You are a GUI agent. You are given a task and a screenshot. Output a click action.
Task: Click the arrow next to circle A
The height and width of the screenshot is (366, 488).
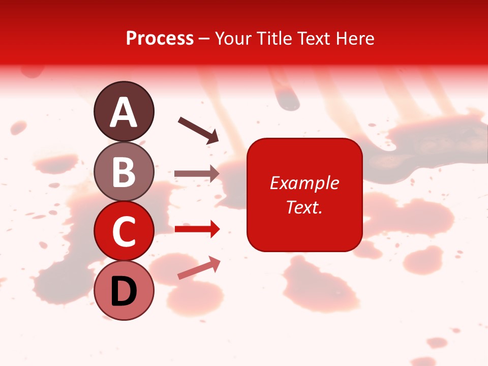click(198, 130)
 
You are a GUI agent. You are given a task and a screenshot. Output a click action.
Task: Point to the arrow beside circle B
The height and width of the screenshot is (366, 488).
click(197, 173)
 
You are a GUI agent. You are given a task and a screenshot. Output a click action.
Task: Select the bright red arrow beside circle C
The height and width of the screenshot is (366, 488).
click(197, 229)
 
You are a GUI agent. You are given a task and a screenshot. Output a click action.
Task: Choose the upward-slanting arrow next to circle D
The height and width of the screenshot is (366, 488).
click(199, 268)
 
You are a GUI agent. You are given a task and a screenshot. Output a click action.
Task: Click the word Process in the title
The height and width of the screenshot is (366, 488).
click(160, 38)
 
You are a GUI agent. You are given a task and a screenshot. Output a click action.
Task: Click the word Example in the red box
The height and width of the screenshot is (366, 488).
click(304, 183)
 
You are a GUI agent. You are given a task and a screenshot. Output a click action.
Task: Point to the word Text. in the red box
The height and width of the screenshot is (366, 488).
click(304, 207)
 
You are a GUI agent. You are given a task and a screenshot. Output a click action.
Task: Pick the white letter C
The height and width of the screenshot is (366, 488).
click(124, 232)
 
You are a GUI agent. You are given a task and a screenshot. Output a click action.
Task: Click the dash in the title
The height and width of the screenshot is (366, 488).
click(204, 38)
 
